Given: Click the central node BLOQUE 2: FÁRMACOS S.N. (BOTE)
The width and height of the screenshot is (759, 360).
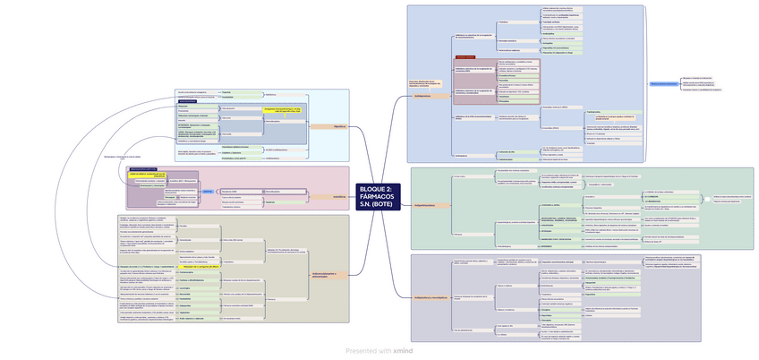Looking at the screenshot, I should click(x=376, y=195).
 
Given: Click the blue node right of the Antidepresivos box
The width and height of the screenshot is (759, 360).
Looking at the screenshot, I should click(x=663, y=82).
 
